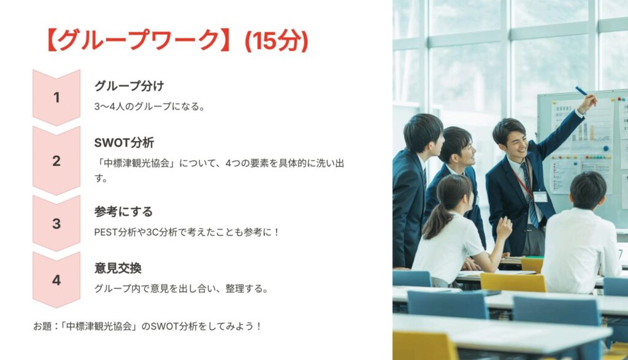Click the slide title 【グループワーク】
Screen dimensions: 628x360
coord(137,40)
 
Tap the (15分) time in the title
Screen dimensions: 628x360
coord(277,40)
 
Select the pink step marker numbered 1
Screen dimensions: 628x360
coord(56,98)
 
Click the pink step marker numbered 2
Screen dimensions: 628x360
coord(56,161)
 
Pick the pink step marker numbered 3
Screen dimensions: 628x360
coord(56,223)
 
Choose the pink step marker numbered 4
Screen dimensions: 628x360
coord(56,280)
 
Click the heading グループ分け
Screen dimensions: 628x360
coord(129,86)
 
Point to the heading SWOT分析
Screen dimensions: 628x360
coord(124,142)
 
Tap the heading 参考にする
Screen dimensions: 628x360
coord(123,212)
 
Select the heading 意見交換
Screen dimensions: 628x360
coord(118,268)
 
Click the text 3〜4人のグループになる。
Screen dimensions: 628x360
coord(150,107)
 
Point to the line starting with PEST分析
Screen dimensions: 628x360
coord(186,232)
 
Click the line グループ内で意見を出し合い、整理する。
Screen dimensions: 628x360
coord(182,289)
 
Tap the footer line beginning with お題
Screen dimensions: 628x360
coord(147,326)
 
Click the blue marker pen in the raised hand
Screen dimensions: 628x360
coord(581,91)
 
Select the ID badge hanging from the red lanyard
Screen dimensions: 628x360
coord(540,197)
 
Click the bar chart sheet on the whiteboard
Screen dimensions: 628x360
coord(584,124)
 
